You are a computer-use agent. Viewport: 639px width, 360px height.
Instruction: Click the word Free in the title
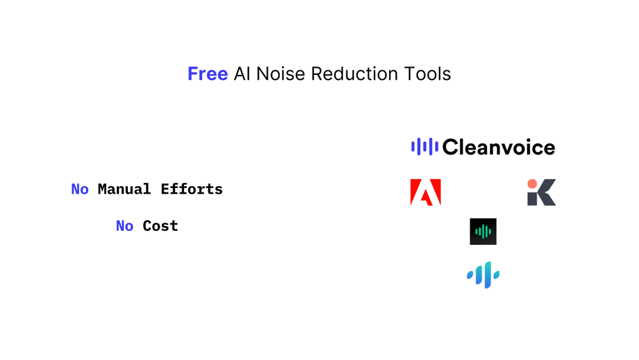pyautogui.click(x=208, y=74)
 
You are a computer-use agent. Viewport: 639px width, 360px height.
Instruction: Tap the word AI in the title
pyautogui.click(x=242, y=74)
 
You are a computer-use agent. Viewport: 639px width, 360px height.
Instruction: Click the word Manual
pyautogui.click(x=125, y=189)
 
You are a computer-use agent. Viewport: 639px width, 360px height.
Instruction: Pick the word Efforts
pyautogui.click(x=192, y=189)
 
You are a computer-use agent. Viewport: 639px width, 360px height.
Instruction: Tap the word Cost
pyautogui.click(x=160, y=226)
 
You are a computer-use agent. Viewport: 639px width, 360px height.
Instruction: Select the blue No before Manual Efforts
pyautogui.click(x=80, y=189)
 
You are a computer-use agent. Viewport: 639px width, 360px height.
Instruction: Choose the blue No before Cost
pyautogui.click(x=125, y=226)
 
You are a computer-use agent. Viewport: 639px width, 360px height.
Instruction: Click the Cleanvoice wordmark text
pyautogui.click(x=498, y=148)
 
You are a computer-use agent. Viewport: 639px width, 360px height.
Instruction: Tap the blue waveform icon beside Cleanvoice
pyautogui.click(x=424, y=147)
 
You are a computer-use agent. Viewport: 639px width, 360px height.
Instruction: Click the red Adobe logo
pyautogui.click(x=426, y=192)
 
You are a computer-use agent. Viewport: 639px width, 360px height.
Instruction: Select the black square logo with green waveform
pyautogui.click(x=483, y=231)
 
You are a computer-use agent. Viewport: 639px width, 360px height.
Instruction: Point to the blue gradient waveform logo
pyautogui.click(x=483, y=275)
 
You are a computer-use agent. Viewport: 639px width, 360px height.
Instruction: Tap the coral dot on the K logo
pyautogui.click(x=532, y=184)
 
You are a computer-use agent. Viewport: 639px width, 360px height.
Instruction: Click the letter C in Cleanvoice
pyautogui.click(x=451, y=148)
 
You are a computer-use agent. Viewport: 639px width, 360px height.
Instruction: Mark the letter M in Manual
pyautogui.click(x=102, y=189)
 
